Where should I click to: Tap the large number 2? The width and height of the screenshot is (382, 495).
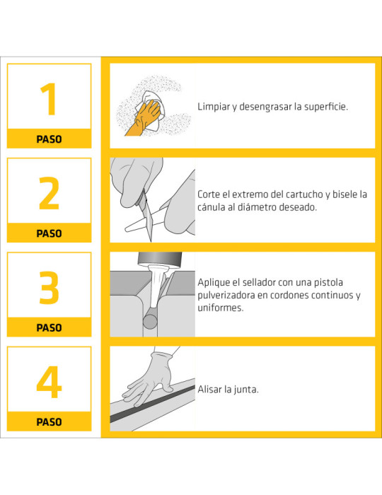coord(49,193)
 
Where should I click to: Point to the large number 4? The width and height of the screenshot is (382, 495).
coord(49,381)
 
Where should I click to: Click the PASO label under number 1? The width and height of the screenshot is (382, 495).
coord(49,139)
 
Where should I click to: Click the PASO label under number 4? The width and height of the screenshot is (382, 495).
coord(49,422)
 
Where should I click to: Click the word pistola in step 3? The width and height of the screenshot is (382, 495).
coord(342,281)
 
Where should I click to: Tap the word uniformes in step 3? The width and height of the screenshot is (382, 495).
coord(221,308)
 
